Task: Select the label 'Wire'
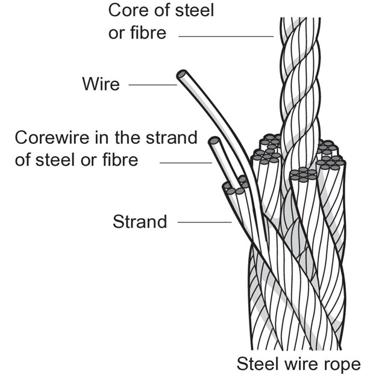pyautogui.click(x=101, y=84)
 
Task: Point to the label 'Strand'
pyautogui.click(x=140, y=222)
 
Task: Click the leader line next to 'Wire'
pyautogui.click(x=152, y=85)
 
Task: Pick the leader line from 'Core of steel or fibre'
pyautogui.click(x=226, y=37)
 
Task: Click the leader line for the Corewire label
pyautogui.click(x=185, y=163)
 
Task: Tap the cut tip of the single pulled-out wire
pyautogui.click(x=181, y=75)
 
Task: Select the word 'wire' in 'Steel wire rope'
pyautogui.click(x=301, y=363)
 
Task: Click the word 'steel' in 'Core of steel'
pyautogui.click(x=192, y=10)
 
